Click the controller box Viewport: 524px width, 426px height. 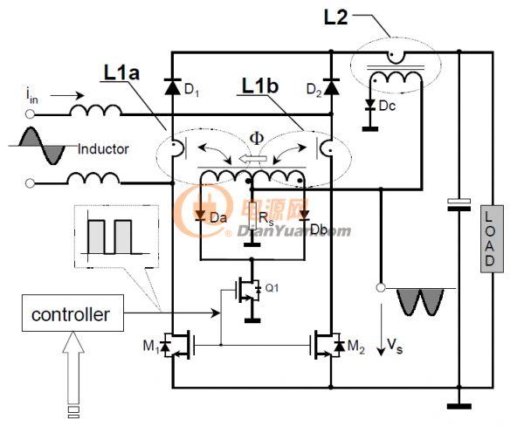point(72,313)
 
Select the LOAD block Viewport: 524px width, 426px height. point(492,238)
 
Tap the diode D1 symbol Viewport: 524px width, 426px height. point(173,86)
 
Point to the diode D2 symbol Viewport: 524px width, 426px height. point(331,87)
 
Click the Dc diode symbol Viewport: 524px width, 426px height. point(369,105)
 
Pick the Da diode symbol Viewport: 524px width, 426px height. point(200,215)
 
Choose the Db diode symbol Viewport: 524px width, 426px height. point(304,215)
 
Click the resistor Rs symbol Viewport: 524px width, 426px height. point(252,221)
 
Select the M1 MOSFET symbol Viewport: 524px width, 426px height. point(177,346)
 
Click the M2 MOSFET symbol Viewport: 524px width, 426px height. point(327,346)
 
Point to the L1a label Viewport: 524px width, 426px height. point(121,72)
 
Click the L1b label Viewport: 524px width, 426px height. point(260,86)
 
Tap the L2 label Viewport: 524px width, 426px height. point(336,17)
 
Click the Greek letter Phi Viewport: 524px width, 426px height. point(257,138)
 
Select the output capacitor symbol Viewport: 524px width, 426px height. point(459,205)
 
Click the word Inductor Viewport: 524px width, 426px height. point(103,149)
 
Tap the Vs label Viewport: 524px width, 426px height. point(395,346)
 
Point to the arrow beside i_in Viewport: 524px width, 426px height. point(67,96)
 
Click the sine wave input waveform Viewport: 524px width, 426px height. point(42,146)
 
